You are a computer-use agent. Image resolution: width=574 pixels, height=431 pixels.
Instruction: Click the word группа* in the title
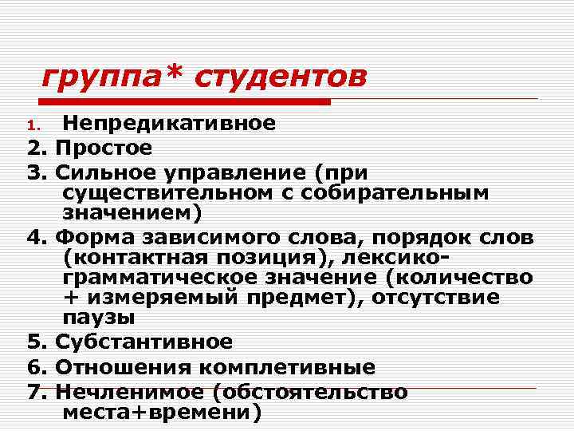click(111, 77)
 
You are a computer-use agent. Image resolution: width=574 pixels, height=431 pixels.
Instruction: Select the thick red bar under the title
click(183, 102)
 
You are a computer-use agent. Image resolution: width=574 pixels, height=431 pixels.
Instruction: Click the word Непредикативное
click(169, 123)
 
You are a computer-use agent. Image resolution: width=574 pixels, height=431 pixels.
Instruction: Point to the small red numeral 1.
click(32, 125)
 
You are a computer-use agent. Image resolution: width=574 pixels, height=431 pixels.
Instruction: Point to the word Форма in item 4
click(92, 239)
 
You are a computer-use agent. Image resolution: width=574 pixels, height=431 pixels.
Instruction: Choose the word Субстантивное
click(144, 342)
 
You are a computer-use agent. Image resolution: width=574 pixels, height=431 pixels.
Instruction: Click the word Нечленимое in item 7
click(128, 392)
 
